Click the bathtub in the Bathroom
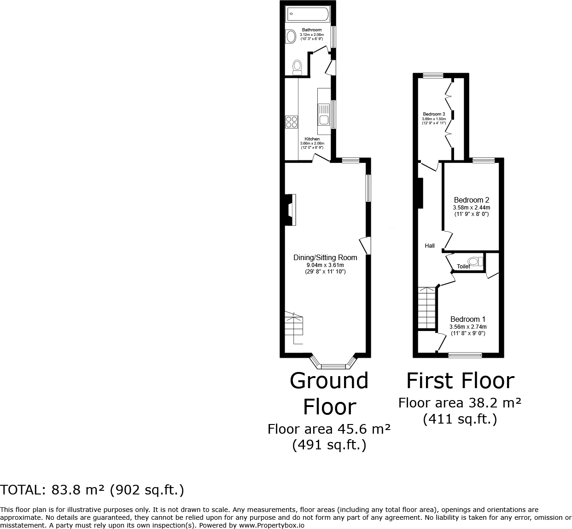(307, 14)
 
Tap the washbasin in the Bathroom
(291, 36)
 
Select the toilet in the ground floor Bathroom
(297, 67)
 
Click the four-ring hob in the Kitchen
(291, 122)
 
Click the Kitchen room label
(312, 139)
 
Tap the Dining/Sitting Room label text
(325, 257)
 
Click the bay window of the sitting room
(333, 366)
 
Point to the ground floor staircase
(293, 328)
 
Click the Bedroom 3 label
(434, 114)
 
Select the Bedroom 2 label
(471, 200)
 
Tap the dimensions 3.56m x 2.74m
(468, 327)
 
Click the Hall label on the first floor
(430, 246)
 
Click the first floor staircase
(427, 308)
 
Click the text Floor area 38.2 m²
(460, 403)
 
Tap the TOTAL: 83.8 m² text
(92, 490)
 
